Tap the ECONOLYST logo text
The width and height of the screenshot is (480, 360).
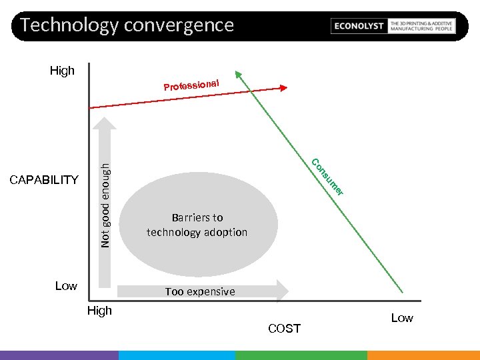pos(359,26)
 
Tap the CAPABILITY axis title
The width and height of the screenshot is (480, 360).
pos(44,180)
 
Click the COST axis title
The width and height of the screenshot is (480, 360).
pos(284,329)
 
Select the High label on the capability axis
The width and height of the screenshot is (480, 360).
pos(62,71)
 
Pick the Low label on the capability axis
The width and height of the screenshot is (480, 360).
pos(66,286)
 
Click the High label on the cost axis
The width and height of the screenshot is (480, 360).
pos(100,311)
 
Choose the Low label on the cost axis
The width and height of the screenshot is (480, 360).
pos(401,318)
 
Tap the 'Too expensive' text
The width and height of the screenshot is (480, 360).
pos(200,291)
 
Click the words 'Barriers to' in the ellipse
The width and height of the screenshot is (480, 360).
pos(197,217)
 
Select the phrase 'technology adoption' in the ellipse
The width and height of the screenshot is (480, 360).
pos(197,232)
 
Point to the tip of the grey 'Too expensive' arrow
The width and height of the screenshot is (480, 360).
pos(288,290)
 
